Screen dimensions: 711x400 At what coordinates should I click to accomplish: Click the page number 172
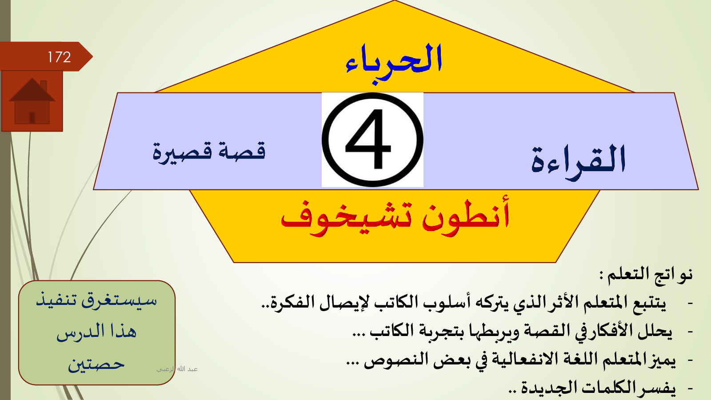[x=59, y=57]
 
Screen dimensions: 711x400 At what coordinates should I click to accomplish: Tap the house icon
[x=32, y=101]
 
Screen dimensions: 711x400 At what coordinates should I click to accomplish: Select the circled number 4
[x=372, y=140]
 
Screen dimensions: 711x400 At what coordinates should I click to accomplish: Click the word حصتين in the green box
[x=96, y=364]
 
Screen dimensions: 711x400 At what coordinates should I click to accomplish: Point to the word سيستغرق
[x=119, y=300]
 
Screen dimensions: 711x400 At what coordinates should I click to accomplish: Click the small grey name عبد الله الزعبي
[x=177, y=369]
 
